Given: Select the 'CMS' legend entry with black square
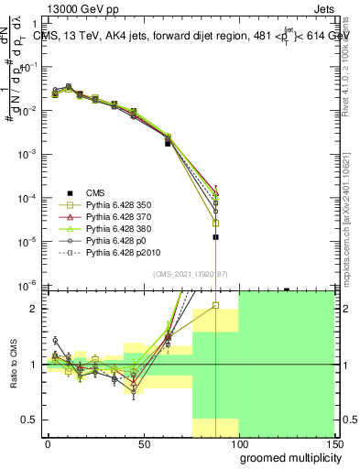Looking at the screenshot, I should tap(96, 192).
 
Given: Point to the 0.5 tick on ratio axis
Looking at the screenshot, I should tap(29, 420).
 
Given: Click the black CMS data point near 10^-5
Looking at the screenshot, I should tap(215, 237).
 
